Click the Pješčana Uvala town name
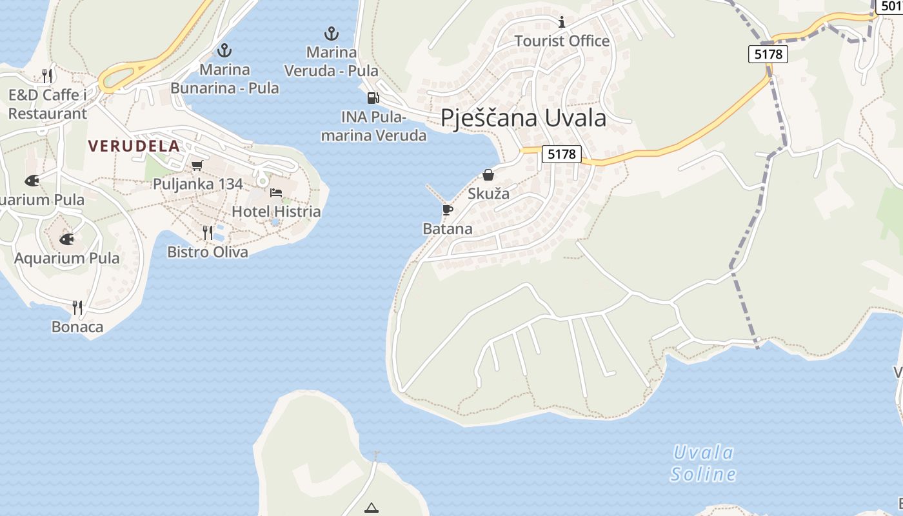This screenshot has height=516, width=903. (523, 118)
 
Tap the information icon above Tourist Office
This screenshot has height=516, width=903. (562, 23)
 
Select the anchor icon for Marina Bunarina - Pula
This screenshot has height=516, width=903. (224, 50)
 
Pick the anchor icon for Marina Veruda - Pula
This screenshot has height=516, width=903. (331, 33)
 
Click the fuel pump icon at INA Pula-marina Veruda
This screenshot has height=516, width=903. (373, 98)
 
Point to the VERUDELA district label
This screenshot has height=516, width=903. (134, 146)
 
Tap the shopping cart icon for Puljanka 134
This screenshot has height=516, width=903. (197, 165)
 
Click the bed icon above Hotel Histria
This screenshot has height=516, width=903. (276, 193)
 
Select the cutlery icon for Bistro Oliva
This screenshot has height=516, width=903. (208, 232)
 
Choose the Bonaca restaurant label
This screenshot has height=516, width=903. (77, 327)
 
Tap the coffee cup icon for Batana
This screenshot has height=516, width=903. (447, 210)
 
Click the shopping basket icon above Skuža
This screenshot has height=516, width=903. (488, 175)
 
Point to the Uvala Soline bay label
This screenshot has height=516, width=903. (703, 463)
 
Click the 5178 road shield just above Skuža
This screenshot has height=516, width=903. (561, 154)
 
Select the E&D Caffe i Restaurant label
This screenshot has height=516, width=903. (48, 104)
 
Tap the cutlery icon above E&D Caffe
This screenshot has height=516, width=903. (47, 75)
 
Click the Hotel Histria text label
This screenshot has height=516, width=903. (276, 212)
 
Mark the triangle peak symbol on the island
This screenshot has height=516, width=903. (372, 508)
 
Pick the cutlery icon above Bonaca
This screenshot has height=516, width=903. (77, 308)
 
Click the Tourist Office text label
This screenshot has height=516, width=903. (562, 41)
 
